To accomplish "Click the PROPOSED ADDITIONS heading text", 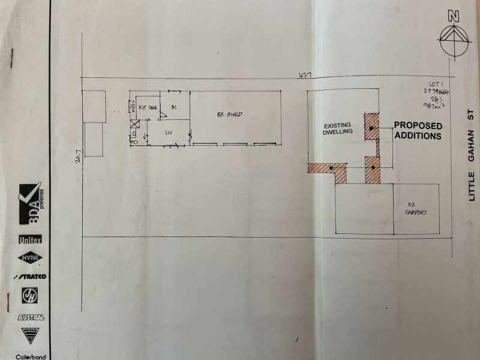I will coord(418,131).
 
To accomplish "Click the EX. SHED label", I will coord(230,114).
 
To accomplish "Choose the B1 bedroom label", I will coord(173,107).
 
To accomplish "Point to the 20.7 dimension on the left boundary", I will coord(77,158).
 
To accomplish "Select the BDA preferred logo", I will coord(31,207).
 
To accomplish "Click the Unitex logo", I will coord(30,239).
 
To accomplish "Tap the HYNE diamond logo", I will coord(30,257).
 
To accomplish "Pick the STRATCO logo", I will coord(30,277).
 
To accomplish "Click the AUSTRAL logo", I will coord(30,317).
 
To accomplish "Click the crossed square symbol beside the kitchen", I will coord(134,125).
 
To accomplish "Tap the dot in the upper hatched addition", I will coord(372,128).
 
